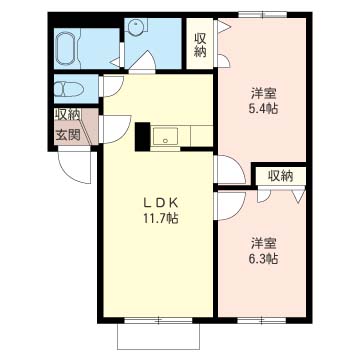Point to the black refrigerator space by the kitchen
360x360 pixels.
coord(142,134)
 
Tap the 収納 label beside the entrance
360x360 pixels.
coord(67,115)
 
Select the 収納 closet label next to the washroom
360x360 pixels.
coord(200,45)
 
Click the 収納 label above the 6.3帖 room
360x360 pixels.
coord(280,175)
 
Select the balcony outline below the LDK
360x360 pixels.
coord(160,336)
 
